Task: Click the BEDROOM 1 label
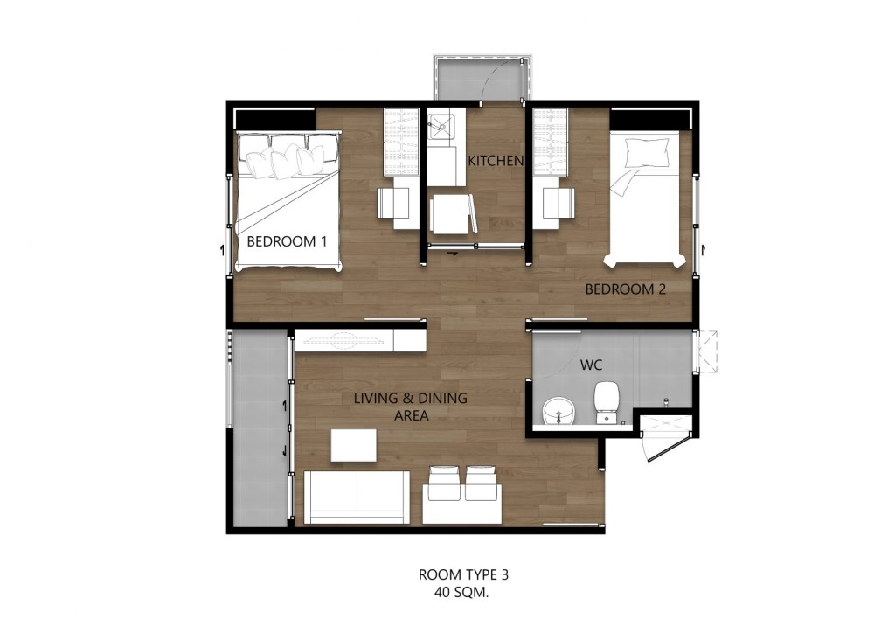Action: coord(287,241)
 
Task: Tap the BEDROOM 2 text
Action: coord(625,289)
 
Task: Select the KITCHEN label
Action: coord(496,161)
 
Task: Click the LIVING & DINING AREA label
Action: coord(410,407)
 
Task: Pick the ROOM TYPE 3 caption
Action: coord(463,575)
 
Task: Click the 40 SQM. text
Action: coord(463,592)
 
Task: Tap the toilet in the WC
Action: coord(607,401)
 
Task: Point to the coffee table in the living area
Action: coord(353,446)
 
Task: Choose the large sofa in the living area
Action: coord(357,497)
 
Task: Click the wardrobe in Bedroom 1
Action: coord(402,140)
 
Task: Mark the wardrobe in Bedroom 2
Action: coord(551,140)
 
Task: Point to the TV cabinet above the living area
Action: coord(359,339)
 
